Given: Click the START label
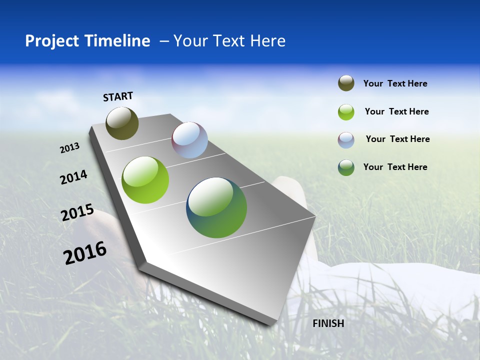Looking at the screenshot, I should tap(118, 96).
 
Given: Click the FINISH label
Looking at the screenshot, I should tap(328, 323).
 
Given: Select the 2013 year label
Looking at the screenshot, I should tap(70, 147).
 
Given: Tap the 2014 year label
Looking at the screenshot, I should tap(73, 177).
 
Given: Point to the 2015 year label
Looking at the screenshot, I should tap(77, 212).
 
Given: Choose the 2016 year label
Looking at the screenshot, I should tap(85, 253).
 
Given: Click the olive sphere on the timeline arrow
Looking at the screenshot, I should tap(122, 123).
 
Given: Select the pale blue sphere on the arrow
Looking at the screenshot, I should tap(189, 140).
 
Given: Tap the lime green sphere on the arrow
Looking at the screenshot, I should tap(145, 180).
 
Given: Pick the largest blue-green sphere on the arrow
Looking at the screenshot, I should tap(216, 207).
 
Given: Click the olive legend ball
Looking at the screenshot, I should tap(346, 83).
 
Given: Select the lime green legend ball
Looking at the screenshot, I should tap(346, 112).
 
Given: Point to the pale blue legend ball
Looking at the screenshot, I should tap(346, 140).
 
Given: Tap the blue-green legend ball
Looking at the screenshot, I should tap(346, 167).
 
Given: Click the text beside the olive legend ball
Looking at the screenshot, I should tap(395, 83).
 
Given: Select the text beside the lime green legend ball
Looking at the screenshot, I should tap(396, 111).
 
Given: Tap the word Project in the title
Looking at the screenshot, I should tap(52, 41).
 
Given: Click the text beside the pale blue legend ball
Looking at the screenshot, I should tap(397, 139).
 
